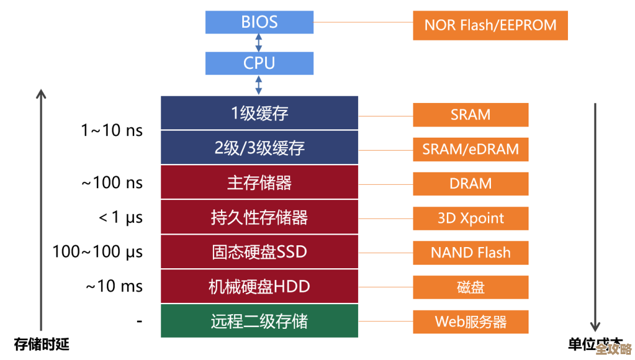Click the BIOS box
[x=259, y=22]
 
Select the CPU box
[x=259, y=63]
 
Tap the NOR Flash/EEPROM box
[x=490, y=25]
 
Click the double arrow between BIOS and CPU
[x=259, y=43]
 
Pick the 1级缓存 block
[x=259, y=113]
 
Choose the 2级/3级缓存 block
[x=259, y=148]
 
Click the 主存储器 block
[x=259, y=182]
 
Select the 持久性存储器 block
[x=259, y=217]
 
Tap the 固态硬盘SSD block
[x=259, y=252]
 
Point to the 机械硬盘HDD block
[x=259, y=286]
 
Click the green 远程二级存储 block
[x=259, y=321]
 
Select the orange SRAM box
[x=470, y=115]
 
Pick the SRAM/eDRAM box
[x=470, y=149]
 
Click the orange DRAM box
[x=470, y=184]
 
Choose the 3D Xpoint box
[x=470, y=218]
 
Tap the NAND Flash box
[x=470, y=253]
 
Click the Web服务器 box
[x=470, y=322]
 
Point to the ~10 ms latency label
[x=114, y=286]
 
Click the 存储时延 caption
[x=41, y=344]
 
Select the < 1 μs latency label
[x=121, y=217]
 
